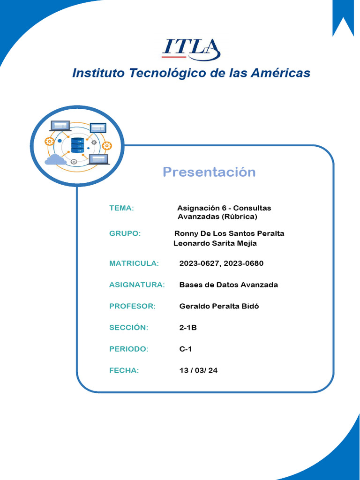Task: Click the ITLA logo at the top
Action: click(191, 48)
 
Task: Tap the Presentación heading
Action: click(209, 172)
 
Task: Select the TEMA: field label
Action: click(121, 208)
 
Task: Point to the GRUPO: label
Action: click(125, 233)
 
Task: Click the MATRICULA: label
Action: click(134, 263)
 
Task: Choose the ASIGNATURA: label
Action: click(137, 285)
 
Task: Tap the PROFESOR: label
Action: click(132, 307)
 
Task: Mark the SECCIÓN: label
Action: click(128, 328)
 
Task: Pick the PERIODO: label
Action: click(128, 349)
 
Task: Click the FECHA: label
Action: click(124, 371)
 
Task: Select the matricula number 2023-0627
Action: click(200, 263)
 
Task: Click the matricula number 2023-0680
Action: click(244, 263)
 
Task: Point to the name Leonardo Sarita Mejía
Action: click(215, 243)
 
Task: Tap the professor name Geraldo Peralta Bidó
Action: click(219, 307)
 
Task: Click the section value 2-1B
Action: click(188, 328)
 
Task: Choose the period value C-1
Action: click(186, 349)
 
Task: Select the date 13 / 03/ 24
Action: click(198, 371)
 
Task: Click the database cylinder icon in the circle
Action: click(77, 145)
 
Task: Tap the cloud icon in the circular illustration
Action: click(55, 160)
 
